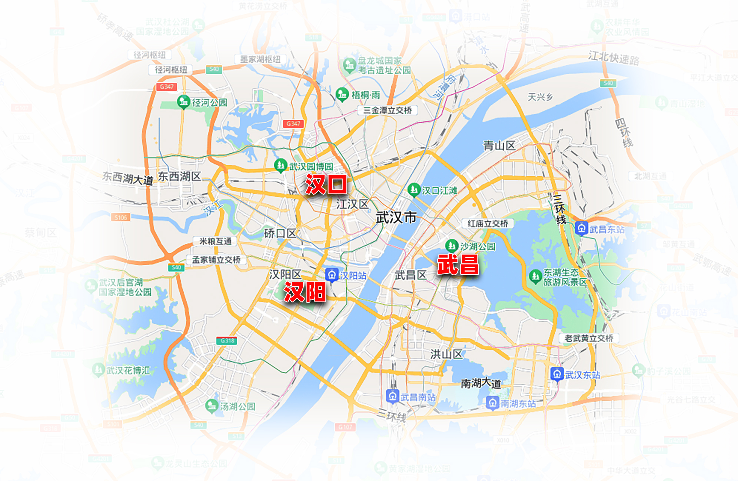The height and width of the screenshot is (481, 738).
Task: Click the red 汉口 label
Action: click(326, 184)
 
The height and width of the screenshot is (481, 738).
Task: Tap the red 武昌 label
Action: click(458, 265)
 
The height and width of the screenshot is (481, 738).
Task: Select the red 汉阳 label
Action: click(305, 292)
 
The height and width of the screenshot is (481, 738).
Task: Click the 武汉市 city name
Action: click(396, 217)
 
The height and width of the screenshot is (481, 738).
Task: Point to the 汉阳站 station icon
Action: click(332, 275)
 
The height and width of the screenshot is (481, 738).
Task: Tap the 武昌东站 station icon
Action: click(581, 228)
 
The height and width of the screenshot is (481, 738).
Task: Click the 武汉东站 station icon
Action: click(557, 374)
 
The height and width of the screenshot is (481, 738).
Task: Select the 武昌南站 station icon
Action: click(392, 396)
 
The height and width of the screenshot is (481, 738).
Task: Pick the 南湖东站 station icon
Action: click(492, 403)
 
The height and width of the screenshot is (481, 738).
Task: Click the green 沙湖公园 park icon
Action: click(451, 245)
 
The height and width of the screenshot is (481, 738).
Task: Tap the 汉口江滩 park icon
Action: click(413, 190)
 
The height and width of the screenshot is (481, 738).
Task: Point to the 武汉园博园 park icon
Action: click(280, 165)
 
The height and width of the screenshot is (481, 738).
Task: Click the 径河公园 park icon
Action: click(183, 101)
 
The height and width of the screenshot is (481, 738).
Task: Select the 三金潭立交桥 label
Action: click(387, 110)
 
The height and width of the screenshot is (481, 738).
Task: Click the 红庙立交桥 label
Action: click(488, 223)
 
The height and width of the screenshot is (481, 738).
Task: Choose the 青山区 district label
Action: click(499, 145)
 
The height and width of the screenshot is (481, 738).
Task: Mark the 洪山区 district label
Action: click(446, 354)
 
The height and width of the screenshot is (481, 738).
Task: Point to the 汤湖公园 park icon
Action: click(212, 406)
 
